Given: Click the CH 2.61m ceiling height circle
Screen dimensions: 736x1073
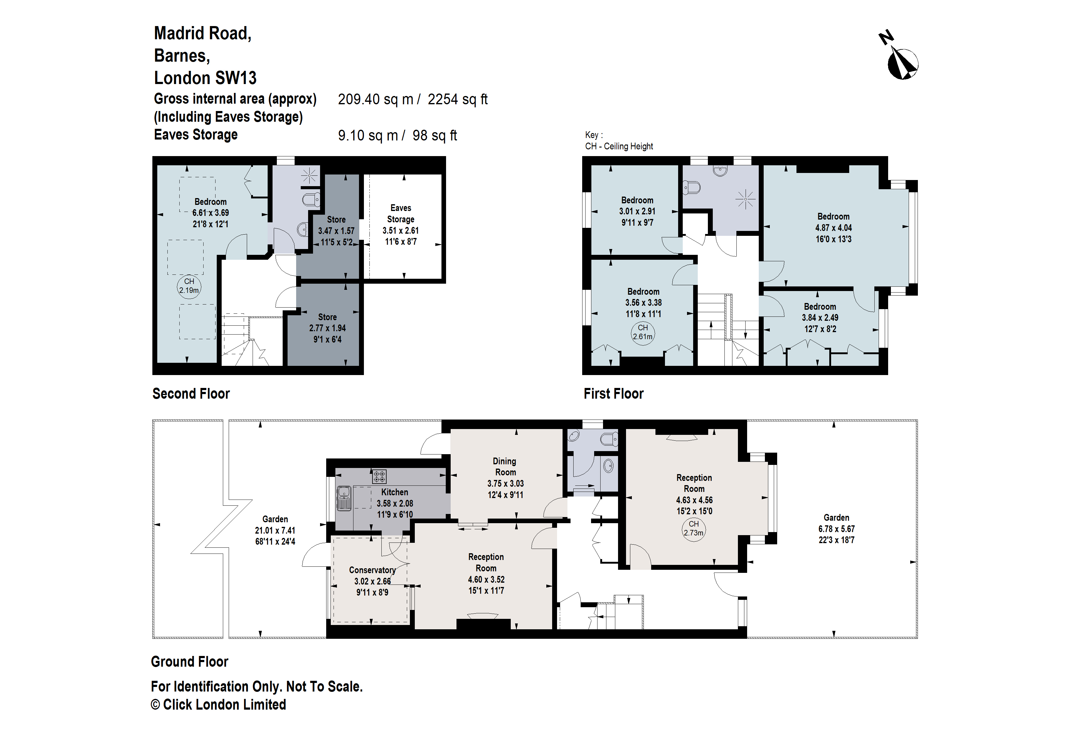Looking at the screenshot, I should click(643, 332).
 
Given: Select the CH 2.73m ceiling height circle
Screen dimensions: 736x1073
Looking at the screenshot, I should click(693, 528).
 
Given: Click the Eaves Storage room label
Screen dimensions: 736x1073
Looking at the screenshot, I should click(400, 214).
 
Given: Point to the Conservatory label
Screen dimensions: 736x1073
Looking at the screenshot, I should click(372, 570).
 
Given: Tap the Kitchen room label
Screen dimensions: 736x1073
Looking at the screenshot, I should click(394, 492).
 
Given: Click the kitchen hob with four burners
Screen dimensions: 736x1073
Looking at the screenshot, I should click(379, 476).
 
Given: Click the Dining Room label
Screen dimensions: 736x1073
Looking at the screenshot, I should click(505, 466).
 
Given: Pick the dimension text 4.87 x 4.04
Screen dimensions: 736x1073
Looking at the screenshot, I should click(833, 228).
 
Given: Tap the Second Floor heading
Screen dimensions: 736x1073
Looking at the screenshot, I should click(191, 393).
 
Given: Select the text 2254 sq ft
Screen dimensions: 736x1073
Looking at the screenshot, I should click(457, 99).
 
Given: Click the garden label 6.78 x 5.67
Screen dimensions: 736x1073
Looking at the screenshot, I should click(836, 529).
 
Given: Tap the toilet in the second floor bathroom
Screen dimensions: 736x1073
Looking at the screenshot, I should click(311, 199).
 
